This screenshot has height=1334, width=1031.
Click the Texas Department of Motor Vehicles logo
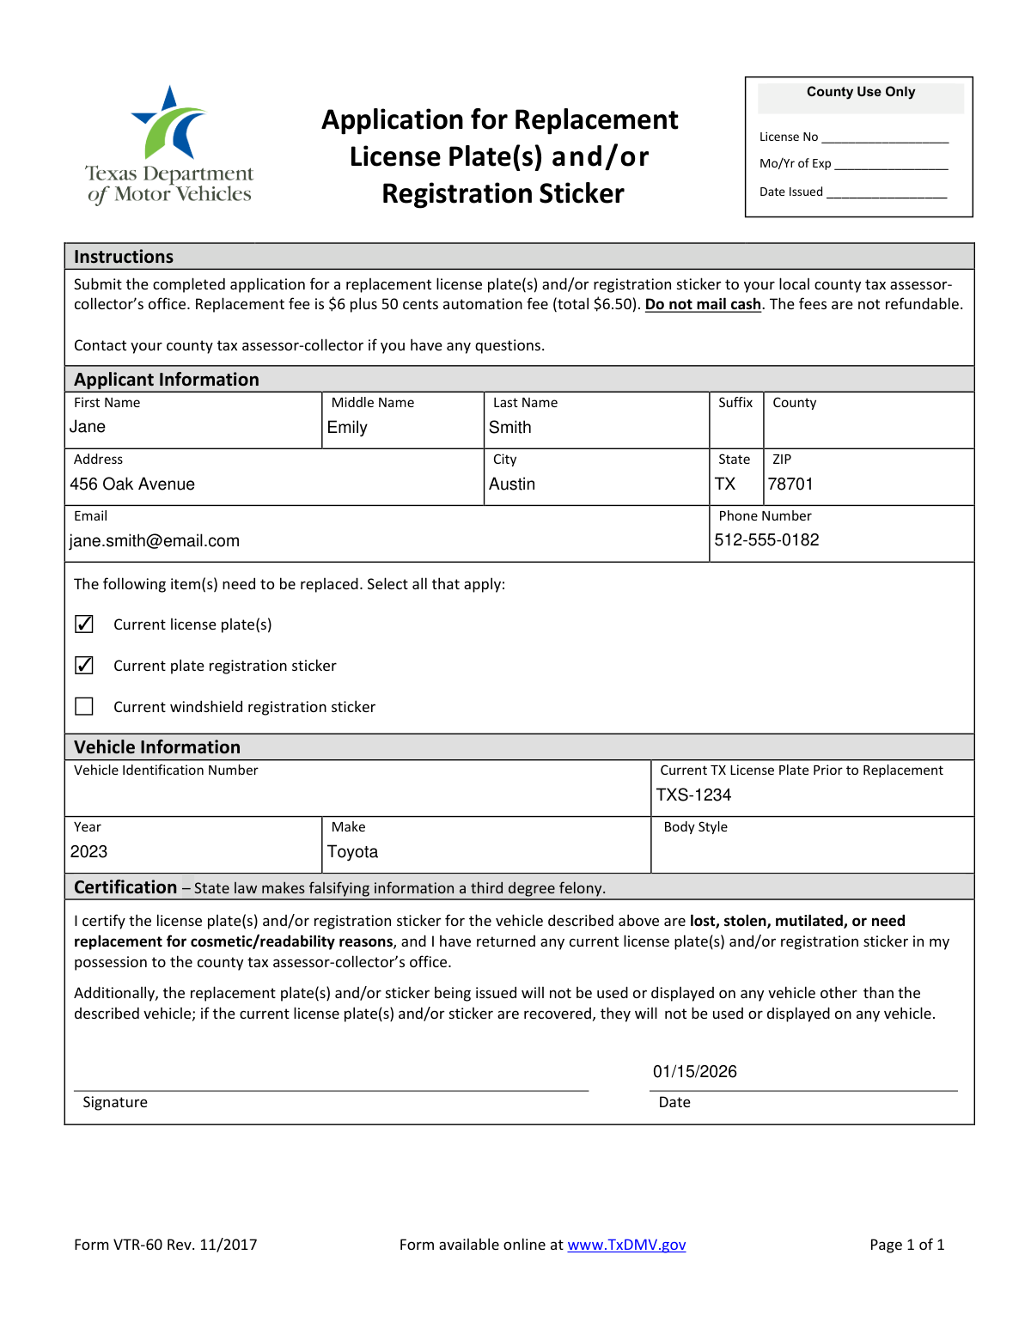pos(169,146)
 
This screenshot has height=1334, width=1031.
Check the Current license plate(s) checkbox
pos(84,624)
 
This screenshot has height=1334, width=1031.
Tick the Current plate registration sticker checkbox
pos(84,665)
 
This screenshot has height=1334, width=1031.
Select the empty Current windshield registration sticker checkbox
pos(84,706)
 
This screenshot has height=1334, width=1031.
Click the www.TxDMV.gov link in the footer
pos(626,1245)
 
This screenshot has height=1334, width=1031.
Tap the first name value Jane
pos(88,427)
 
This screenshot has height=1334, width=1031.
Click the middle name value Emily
pos(347,428)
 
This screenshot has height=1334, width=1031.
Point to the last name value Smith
pos(510,428)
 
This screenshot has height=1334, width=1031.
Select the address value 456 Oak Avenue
pos(132,484)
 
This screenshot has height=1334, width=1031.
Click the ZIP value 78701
pos(790,484)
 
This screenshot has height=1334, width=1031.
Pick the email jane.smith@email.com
pos(155,541)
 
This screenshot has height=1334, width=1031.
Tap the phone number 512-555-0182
pos(766,540)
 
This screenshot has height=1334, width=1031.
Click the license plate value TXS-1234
pos(693,795)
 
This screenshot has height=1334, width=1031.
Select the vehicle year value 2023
pos(88,852)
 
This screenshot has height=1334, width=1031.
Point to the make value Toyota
pos(352,852)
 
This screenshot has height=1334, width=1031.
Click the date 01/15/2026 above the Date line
pos(695,1072)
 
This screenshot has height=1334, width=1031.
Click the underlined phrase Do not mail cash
pos(703,304)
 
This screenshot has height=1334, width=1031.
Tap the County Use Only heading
pos(860,92)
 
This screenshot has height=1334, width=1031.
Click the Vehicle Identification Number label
pos(166,771)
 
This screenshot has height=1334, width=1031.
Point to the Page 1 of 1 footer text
pos(906,1245)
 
